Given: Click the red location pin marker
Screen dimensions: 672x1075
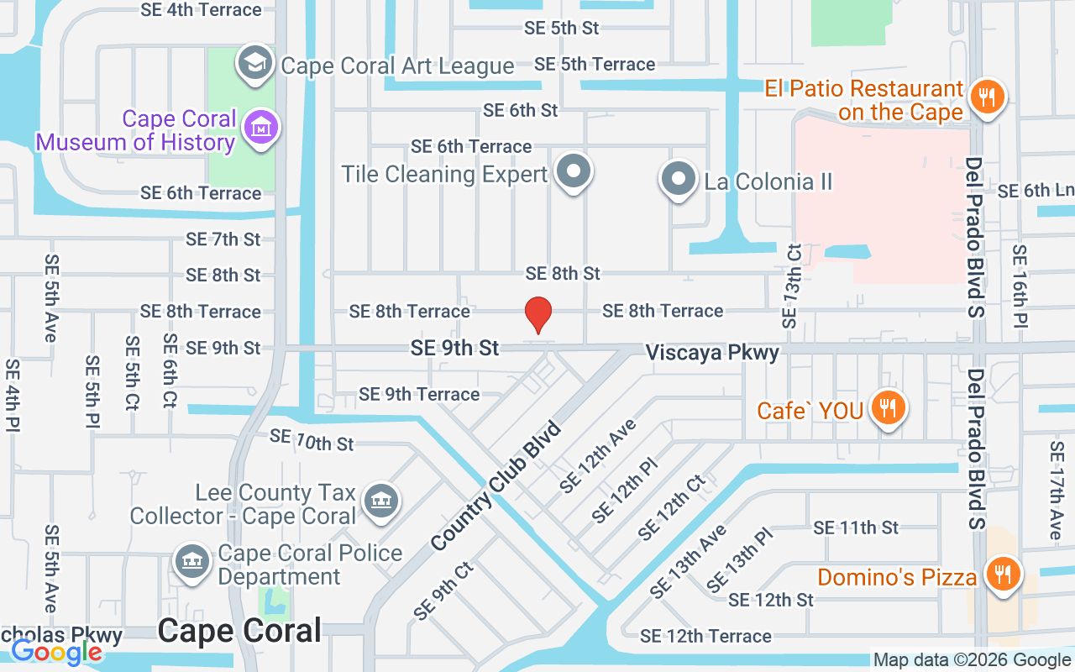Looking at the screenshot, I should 537,314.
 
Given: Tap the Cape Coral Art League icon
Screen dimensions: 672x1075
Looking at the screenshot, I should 254,63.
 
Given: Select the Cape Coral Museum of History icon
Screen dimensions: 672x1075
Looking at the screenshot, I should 261,129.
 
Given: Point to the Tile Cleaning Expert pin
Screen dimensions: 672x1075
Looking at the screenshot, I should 574,171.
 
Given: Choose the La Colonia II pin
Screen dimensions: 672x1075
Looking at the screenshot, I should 678,179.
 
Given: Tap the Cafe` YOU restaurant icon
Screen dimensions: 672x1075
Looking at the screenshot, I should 887,408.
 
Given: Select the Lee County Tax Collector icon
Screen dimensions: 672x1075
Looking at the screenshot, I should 380,501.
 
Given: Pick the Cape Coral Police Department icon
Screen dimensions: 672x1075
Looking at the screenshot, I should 192,561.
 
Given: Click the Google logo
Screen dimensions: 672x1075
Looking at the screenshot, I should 56,652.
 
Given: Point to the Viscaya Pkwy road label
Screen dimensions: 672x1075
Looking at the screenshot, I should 712,352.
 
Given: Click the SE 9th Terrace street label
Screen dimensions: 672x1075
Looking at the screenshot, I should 419,394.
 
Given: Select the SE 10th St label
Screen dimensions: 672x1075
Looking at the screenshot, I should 312,441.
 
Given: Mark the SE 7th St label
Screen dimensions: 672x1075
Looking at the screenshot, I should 223,239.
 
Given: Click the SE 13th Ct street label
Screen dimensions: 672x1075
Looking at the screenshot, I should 791,286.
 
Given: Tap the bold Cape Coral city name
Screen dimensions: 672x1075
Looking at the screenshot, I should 239,631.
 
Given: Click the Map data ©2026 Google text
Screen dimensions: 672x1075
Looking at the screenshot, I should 972,660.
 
